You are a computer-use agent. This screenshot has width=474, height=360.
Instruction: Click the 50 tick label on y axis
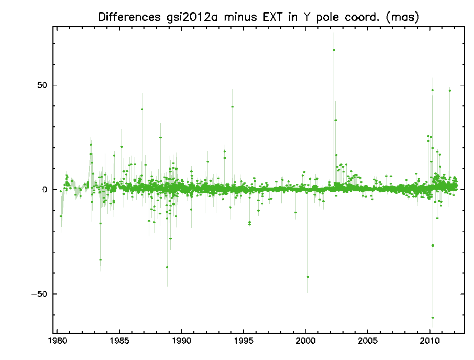pos(42,85)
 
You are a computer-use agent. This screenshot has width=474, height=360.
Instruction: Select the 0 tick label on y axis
pos(46,189)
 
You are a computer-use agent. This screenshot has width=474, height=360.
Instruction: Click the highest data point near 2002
pos(334,50)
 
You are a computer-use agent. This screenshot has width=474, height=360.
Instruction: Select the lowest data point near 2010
pos(433,318)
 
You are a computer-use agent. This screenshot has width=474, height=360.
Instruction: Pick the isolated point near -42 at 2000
pos(308,277)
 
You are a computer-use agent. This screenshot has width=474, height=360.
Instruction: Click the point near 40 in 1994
pos(233,106)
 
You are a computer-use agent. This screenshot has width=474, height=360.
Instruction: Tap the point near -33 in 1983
pos(101,259)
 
